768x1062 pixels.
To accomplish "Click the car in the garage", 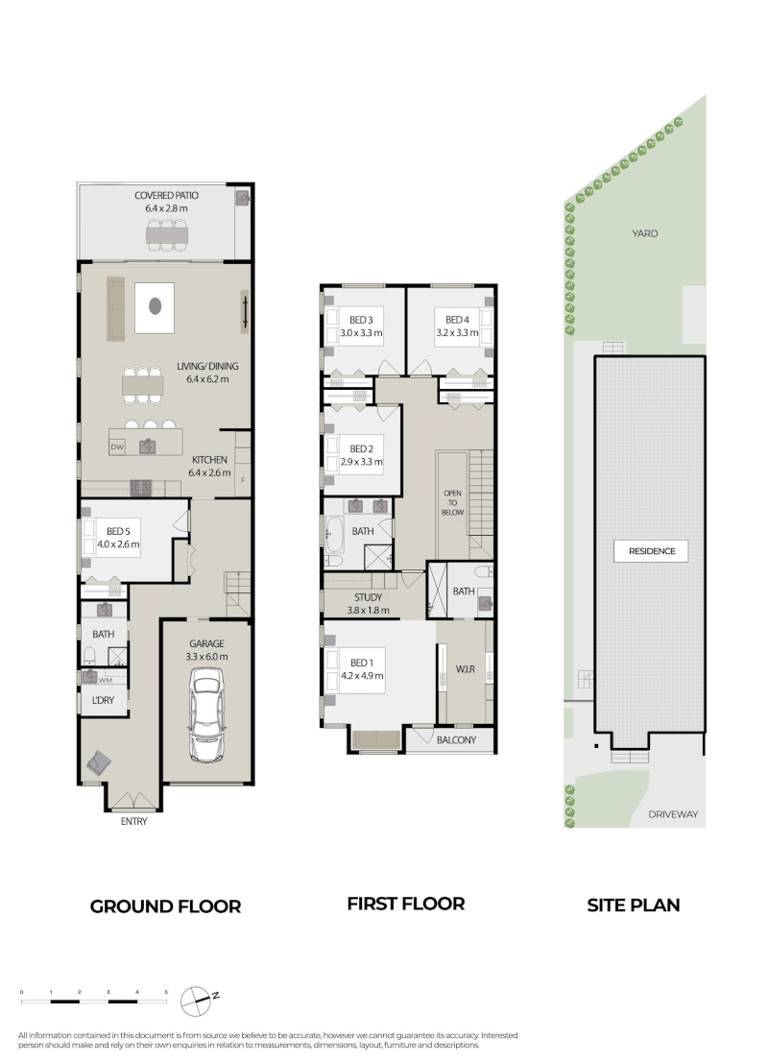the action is [207, 714].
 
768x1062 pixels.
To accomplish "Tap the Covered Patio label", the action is [167, 196].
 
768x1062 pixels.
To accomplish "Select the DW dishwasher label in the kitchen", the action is [116, 447].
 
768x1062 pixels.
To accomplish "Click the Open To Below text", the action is [452, 502].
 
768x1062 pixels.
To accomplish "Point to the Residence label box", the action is [652, 551].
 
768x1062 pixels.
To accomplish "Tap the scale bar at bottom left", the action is [94, 1000].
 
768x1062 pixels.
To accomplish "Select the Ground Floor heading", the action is [165, 906].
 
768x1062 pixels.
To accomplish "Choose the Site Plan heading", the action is [634, 905].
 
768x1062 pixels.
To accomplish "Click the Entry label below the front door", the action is [134, 822].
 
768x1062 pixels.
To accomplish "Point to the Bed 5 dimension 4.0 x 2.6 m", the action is [118, 543].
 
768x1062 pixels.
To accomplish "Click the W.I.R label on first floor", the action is [466, 669].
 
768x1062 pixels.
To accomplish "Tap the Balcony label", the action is [456, 740].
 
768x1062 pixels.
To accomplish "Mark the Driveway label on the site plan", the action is [673, 814].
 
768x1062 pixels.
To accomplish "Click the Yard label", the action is [645, 233].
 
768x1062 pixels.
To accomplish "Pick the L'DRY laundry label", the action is [103, 700].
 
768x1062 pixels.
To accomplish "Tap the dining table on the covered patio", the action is [167, 234].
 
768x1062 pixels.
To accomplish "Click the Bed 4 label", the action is [457, 320].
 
